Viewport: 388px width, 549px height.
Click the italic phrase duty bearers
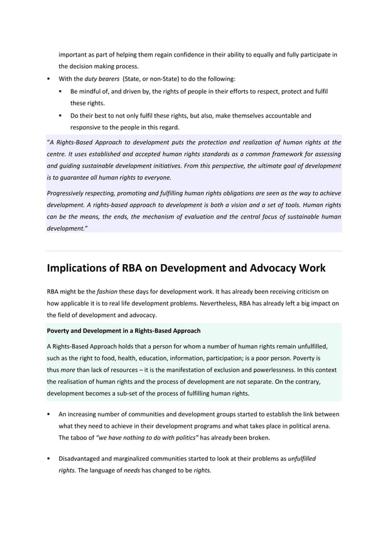coord(102,79)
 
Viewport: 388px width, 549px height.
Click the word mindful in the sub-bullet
coord(94,91)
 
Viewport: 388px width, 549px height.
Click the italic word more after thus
coord(68,370)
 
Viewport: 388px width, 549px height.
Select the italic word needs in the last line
coord(132,470)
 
